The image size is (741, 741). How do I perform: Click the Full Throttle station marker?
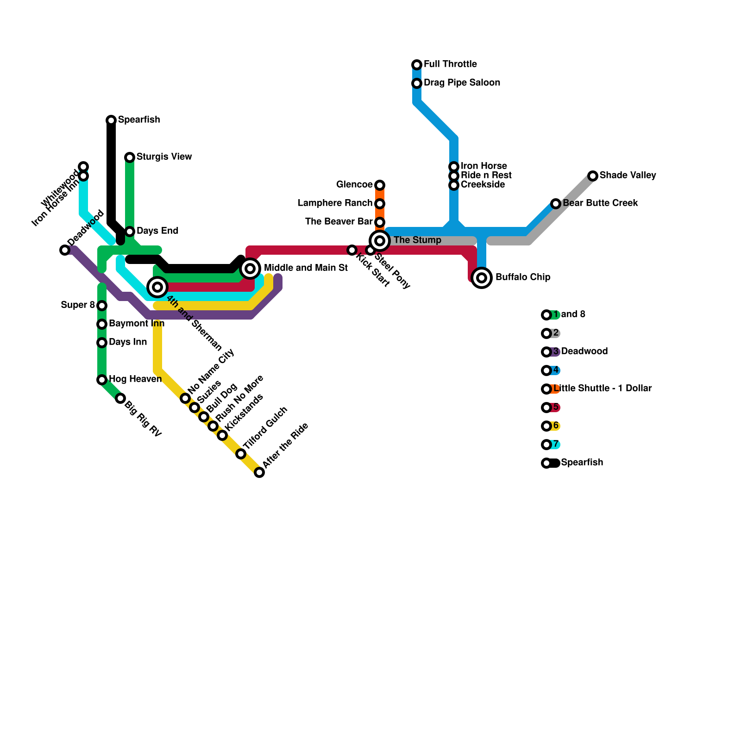point(417,65)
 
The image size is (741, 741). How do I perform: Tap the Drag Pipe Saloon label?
point(461,83)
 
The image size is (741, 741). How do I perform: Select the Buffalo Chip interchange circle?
point(482,278)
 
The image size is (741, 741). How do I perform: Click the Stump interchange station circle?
point(380,241)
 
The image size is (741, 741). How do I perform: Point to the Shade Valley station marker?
point(593,176)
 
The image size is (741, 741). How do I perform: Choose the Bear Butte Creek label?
point(600,203)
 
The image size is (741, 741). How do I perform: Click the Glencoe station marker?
point(380,185)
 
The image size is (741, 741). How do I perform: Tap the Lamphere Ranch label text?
point(335,203)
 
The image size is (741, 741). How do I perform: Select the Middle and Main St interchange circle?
point(250,269)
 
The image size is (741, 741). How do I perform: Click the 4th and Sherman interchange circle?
point(157,287)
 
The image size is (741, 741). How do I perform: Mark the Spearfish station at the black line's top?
point(111,120)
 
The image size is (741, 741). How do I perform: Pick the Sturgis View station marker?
point(130,157)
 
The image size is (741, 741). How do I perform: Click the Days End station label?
point(157,231)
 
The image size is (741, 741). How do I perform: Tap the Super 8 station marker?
point(102,306)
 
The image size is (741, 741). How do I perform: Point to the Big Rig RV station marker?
point(120,398)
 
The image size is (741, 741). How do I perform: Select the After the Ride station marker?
point(259,472)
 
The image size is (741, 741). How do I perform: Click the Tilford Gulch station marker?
point(241,454)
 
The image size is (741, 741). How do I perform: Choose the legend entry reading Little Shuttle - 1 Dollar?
point(602,389)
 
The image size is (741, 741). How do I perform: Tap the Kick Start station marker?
point(352,250)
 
